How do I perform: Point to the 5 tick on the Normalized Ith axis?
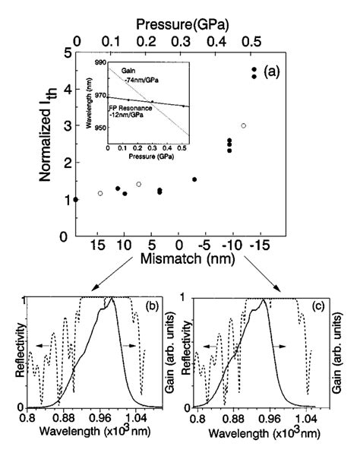point(68,52)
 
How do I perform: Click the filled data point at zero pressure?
point(75,199)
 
